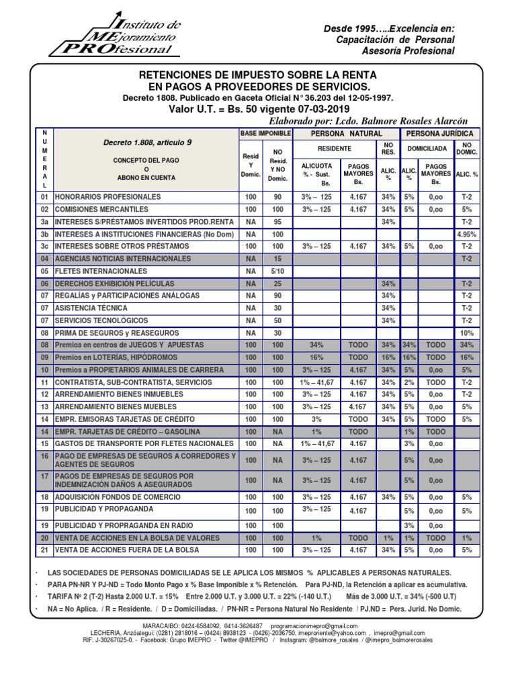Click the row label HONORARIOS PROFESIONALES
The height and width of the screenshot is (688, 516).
[108, 197]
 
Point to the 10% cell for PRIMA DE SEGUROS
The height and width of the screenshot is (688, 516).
[466, 333]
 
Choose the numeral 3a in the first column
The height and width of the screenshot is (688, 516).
[44, 222]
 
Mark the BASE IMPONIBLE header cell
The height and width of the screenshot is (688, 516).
[265, 134]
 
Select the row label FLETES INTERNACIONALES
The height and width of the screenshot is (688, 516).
[101, 271]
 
